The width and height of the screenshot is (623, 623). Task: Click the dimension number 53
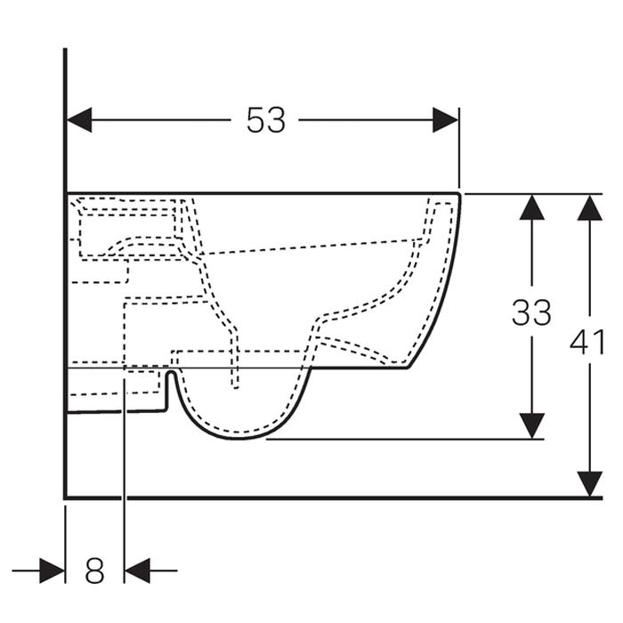click(x=266, y=120)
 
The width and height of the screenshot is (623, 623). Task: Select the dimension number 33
click(x=531, y=312)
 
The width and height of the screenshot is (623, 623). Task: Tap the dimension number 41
click(x=587, y=341)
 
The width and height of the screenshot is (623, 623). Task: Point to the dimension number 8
click(x=94, y=570)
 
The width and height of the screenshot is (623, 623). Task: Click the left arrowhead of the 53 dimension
click(x=79, y=119)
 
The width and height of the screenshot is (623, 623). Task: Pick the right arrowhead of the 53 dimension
click(x=445, y=119)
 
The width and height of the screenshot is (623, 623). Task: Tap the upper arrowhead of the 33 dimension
click(x=532, y=207)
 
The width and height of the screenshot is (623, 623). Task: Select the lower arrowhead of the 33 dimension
click(x=532, y=426)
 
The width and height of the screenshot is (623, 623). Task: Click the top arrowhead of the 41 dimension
click(x=589, y=207)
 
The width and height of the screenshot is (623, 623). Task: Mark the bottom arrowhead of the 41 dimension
click(x=589, y=484)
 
